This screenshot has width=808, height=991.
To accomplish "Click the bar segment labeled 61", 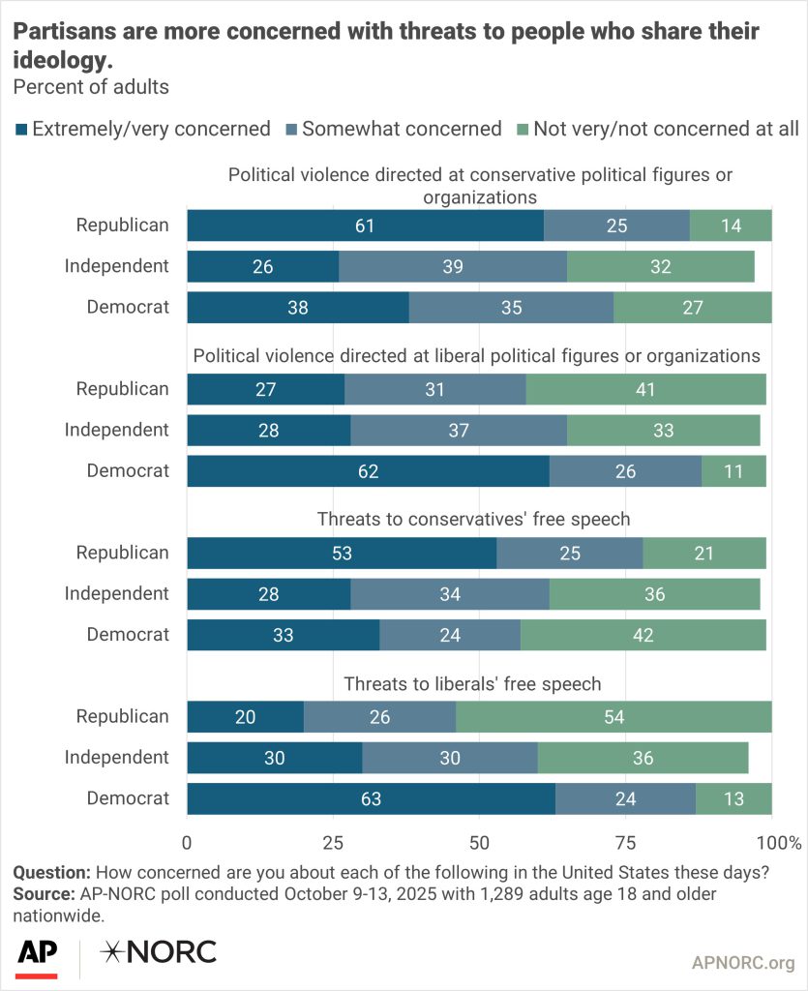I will coord(365,225).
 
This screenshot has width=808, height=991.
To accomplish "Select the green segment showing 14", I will coord(731,225).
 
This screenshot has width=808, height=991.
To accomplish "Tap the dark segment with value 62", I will coord(368,471).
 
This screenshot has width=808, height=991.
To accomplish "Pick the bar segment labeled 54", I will coord(613,717).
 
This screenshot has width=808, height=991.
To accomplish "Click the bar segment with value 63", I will coord(371,798).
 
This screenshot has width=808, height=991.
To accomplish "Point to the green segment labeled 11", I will coord(733,471).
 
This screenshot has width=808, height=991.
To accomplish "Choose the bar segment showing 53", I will coord(342,553).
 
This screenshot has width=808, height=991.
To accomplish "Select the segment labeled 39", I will coord(453,266).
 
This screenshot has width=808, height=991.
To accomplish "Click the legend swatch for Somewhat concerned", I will coord(291,129).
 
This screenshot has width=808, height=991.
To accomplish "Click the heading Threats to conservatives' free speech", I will coord(473,520).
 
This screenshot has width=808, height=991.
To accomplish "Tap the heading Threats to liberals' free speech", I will coord(473,684).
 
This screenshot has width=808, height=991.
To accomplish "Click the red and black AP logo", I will coord(37,956).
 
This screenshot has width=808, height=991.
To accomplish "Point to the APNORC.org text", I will coord(743,962).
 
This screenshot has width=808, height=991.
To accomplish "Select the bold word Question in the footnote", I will coord(51,872).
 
